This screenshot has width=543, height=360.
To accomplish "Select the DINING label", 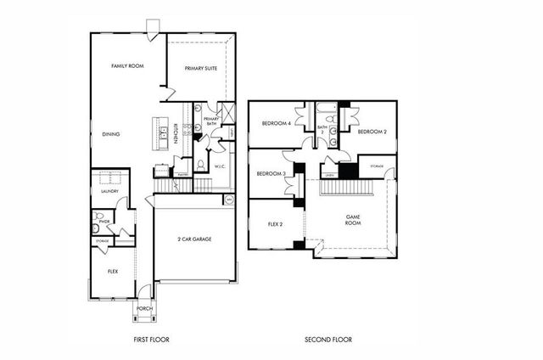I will coord(110,134).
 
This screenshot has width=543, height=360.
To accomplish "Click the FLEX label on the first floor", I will coord(112,272).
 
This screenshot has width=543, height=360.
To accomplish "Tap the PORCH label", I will coord(144,308).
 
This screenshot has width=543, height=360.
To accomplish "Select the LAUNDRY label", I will coord(109,192).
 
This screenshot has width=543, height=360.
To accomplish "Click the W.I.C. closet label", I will coord(219,166).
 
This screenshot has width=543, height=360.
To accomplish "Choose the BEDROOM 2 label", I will coord(372,132).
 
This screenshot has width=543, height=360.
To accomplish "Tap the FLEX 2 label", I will coord(270,225).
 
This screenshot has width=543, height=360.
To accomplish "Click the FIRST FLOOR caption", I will coord(151,340).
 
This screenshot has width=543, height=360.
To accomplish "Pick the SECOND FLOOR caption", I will coord(328,340).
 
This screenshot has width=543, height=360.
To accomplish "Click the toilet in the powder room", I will coord(98,227).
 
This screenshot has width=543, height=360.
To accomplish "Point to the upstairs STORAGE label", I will coord(376,166).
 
